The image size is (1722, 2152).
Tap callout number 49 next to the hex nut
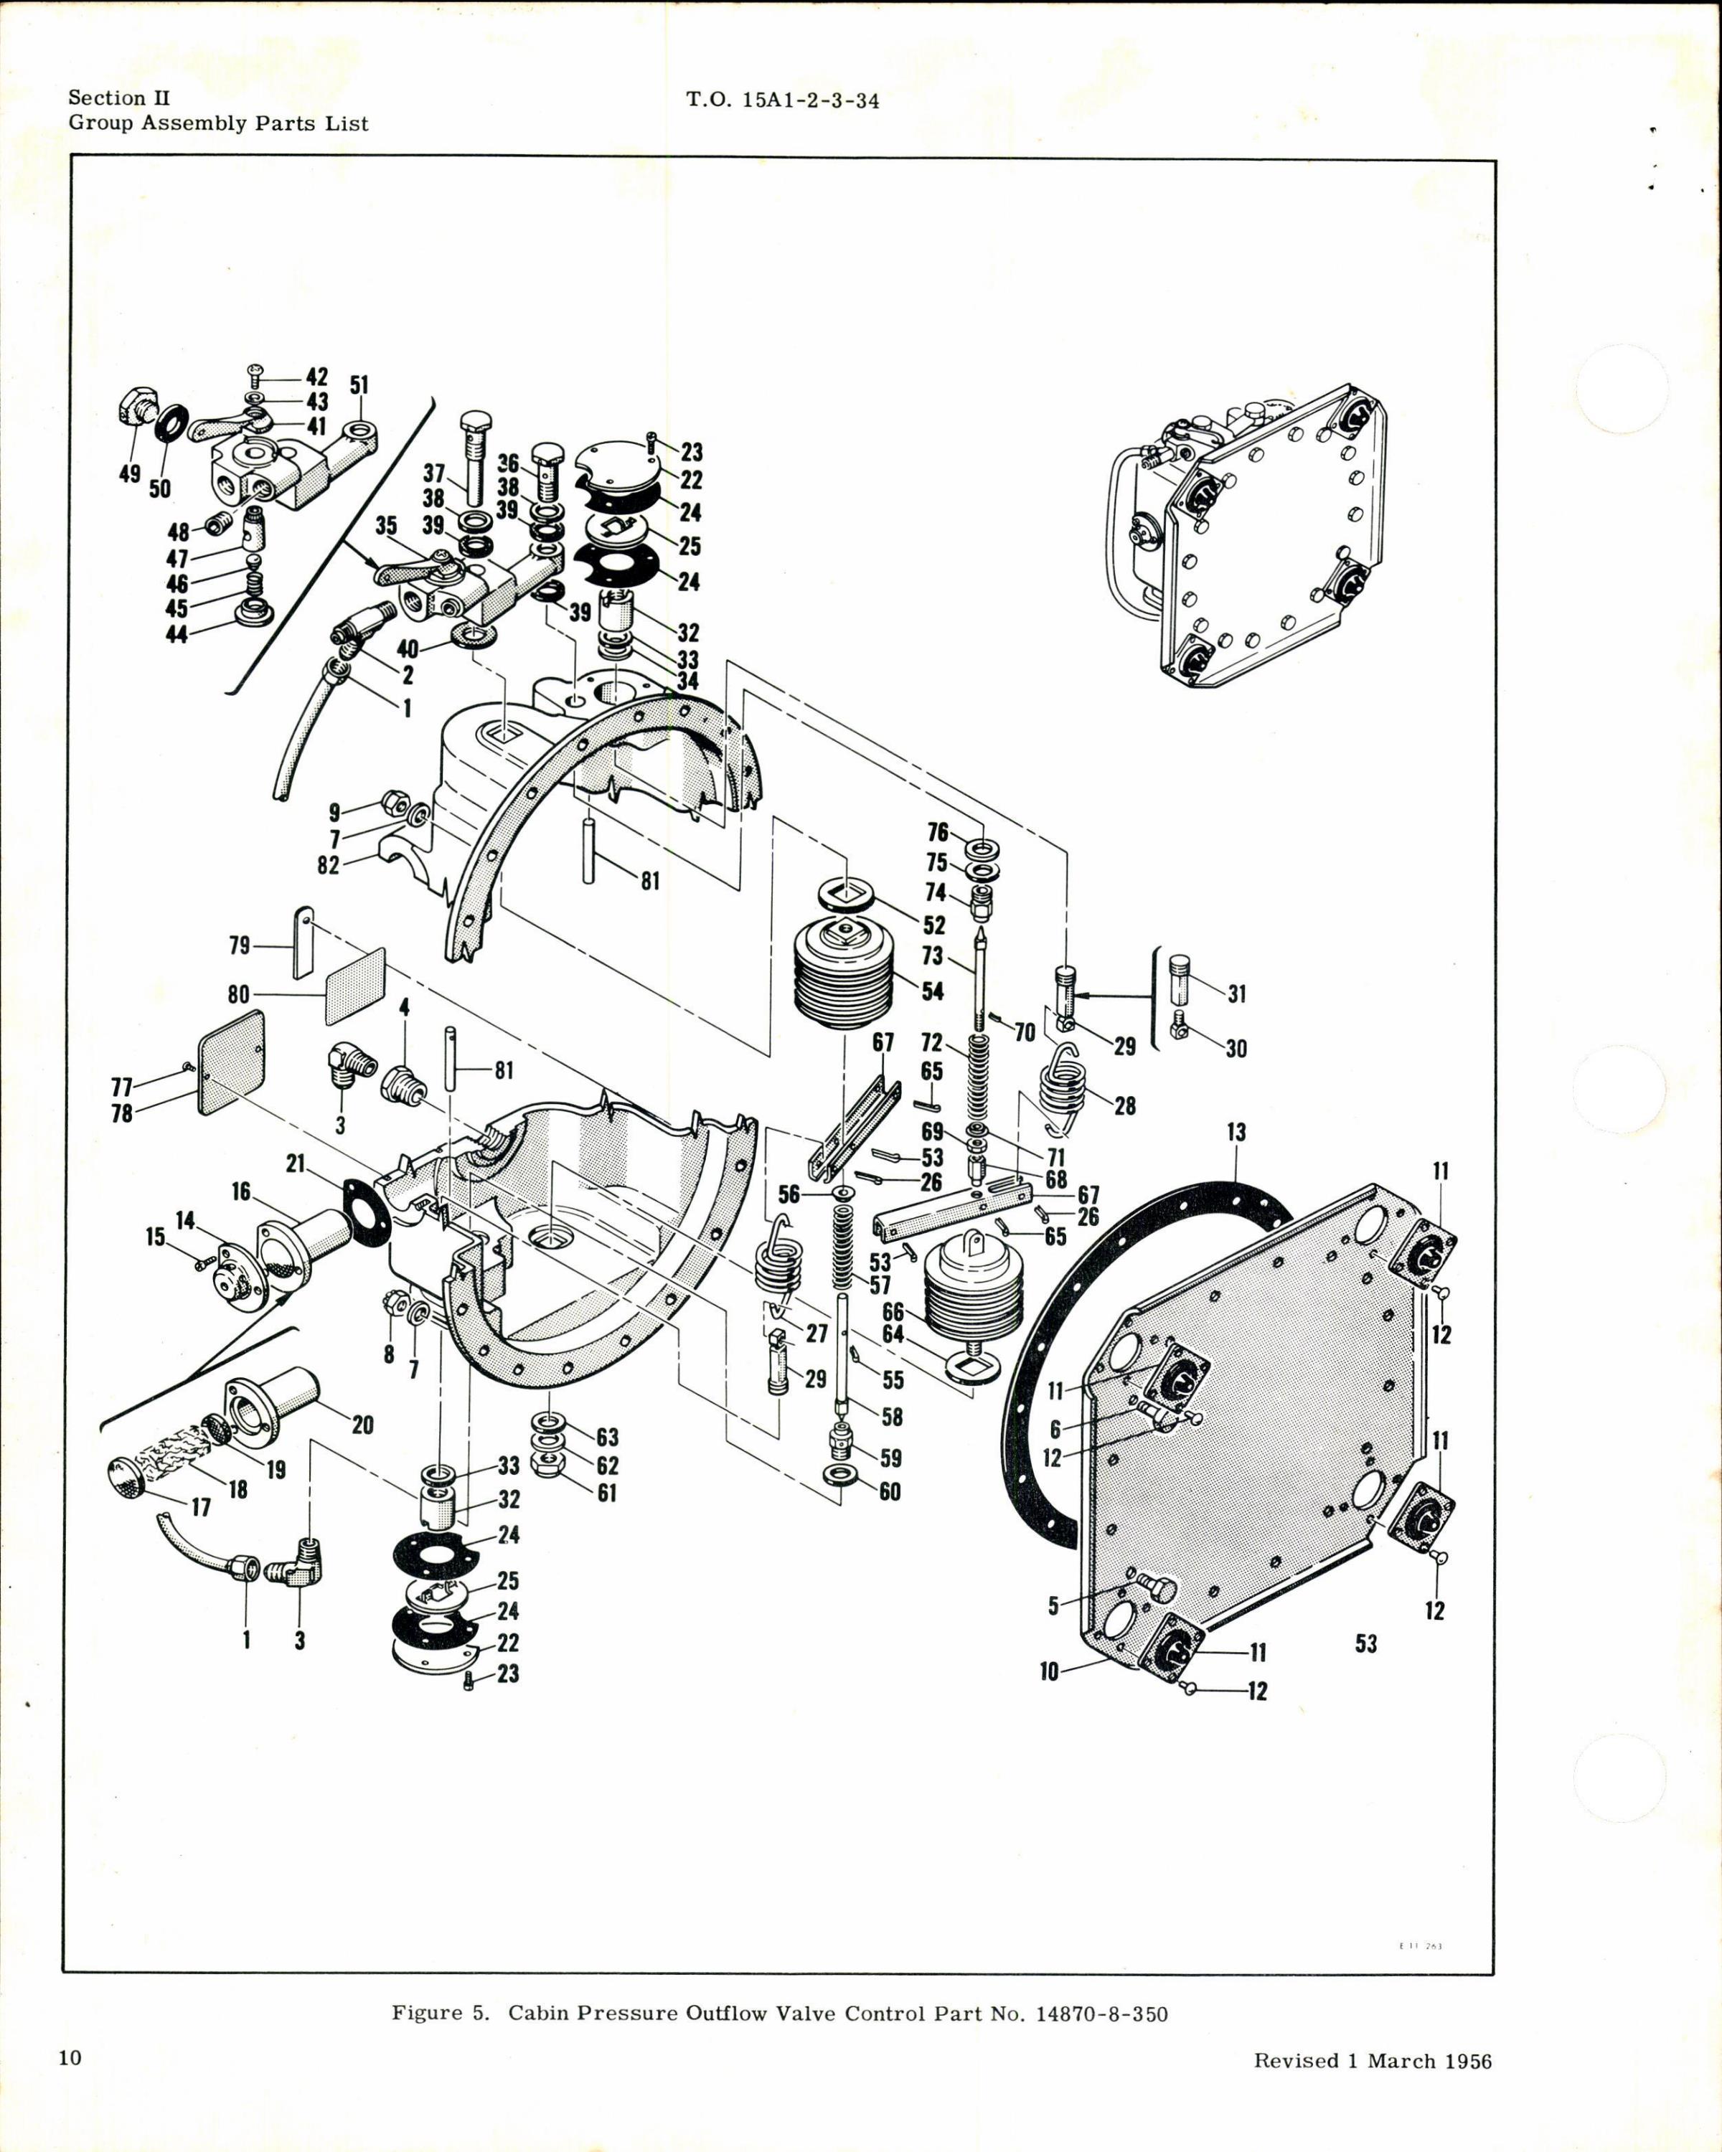pyautogui.click(x=130, y=474)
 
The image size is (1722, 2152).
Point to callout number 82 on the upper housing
pyautogui.click(x=329, y=865)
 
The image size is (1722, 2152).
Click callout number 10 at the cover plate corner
pyautogui.click(x=1048, y=1671)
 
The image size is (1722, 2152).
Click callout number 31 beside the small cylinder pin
pyautogui.click(x=1238, y=994)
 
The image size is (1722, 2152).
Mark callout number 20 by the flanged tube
pyautogui.click(x=362, y=1425)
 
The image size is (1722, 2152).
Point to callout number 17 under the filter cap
pyautogui.click(x=201, y=1507)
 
